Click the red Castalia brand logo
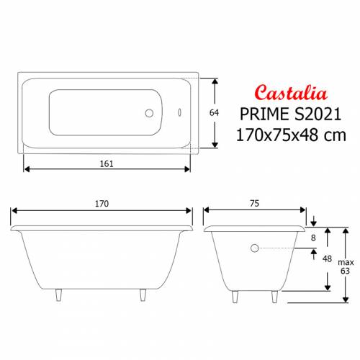292,92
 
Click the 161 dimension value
107,163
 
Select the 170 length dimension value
101,204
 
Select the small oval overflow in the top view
180,113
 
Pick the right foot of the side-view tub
143,297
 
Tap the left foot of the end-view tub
234,297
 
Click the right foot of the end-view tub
274,297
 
